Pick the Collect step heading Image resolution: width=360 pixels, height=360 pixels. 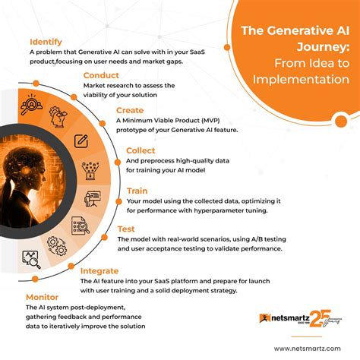pyautogui.click(x=141, y=150)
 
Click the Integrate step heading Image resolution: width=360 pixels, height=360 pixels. pyautogui.click(x=99, y=270)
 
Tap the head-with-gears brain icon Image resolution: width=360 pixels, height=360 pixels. pyautogui.click(x=57, y=115)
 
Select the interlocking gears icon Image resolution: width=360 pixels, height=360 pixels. pyautogui.click(x=55, y=245)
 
